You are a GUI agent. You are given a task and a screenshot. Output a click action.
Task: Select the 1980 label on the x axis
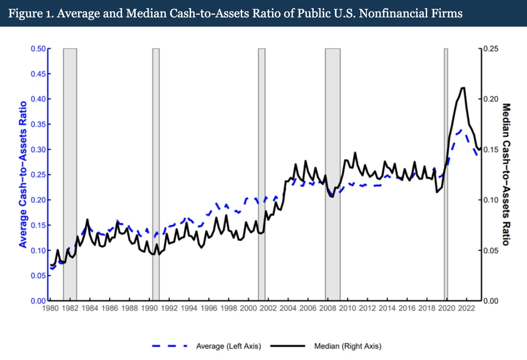click(x=50, y=309)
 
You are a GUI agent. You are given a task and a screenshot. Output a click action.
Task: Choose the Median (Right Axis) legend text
click(x=348, y=346)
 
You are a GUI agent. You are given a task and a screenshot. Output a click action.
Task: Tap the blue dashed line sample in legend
click(x=170, y=346)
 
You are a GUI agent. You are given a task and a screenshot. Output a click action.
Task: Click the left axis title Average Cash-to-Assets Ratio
click(x=22, y=174)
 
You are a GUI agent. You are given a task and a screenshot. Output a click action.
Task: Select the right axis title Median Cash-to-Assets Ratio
click(x=506, y=174)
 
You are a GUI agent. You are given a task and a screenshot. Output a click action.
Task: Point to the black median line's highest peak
click(x=463, y=88)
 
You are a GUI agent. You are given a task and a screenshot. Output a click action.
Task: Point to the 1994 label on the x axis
click(x=189, y=309)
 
